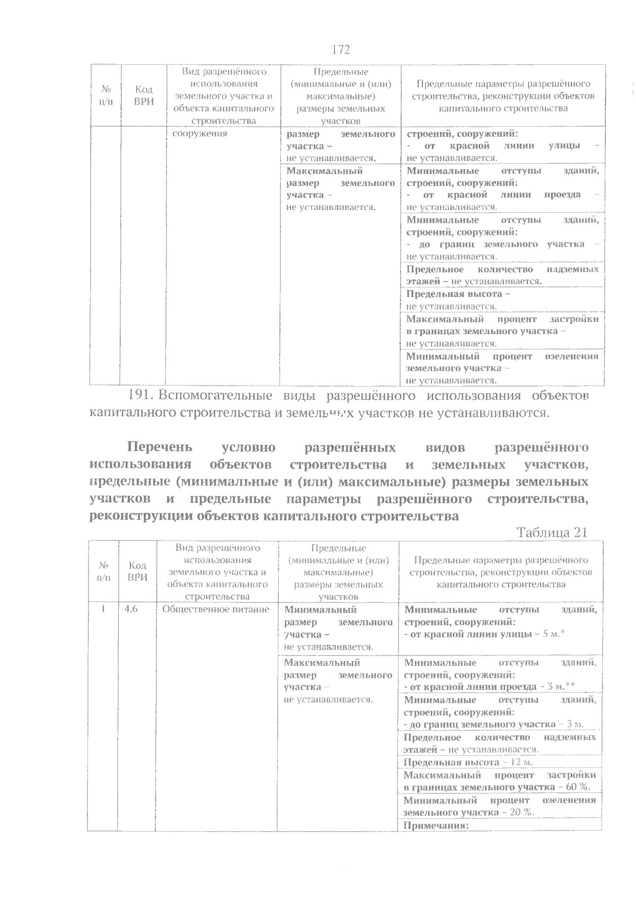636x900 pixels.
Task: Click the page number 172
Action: (x=341, y=50)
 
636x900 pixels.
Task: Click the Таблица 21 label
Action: (x=552, y=532)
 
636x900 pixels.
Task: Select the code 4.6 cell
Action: (x=131, y=609)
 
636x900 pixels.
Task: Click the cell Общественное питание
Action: (x=216, y=609)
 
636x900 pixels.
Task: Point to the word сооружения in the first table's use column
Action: (x=200, y=133)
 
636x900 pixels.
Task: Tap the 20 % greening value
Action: (x=521, y=812)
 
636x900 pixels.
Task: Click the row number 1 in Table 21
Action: (x=103, y=609)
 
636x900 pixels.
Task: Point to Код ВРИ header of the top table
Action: (x=144, y=95)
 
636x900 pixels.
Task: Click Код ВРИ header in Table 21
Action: (x=137, y=572)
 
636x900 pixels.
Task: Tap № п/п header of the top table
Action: (x=105, y=95)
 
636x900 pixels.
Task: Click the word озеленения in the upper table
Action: (x=571, y=356)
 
